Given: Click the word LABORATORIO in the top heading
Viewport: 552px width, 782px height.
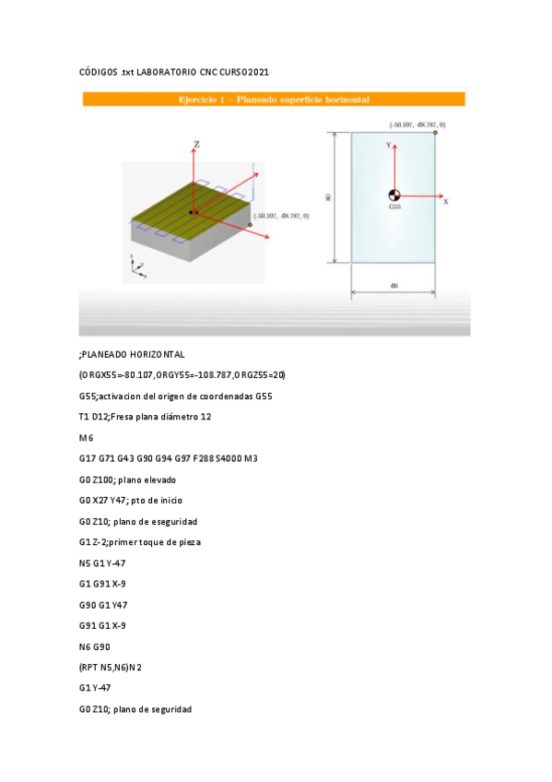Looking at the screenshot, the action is [x=167, y=72].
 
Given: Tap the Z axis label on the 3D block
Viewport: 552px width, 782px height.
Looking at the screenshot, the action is [x=196, y=144].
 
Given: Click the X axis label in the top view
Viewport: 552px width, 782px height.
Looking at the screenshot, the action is [x=445, y=200].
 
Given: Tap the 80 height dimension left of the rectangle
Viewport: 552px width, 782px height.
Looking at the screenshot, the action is [x=329, y=197].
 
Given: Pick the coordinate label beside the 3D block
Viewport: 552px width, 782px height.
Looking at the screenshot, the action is [x=282, y=216].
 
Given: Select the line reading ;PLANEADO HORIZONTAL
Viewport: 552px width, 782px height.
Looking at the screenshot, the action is [x=132, y=354].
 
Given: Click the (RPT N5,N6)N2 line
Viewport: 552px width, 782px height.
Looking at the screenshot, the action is [x=111, y=668].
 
